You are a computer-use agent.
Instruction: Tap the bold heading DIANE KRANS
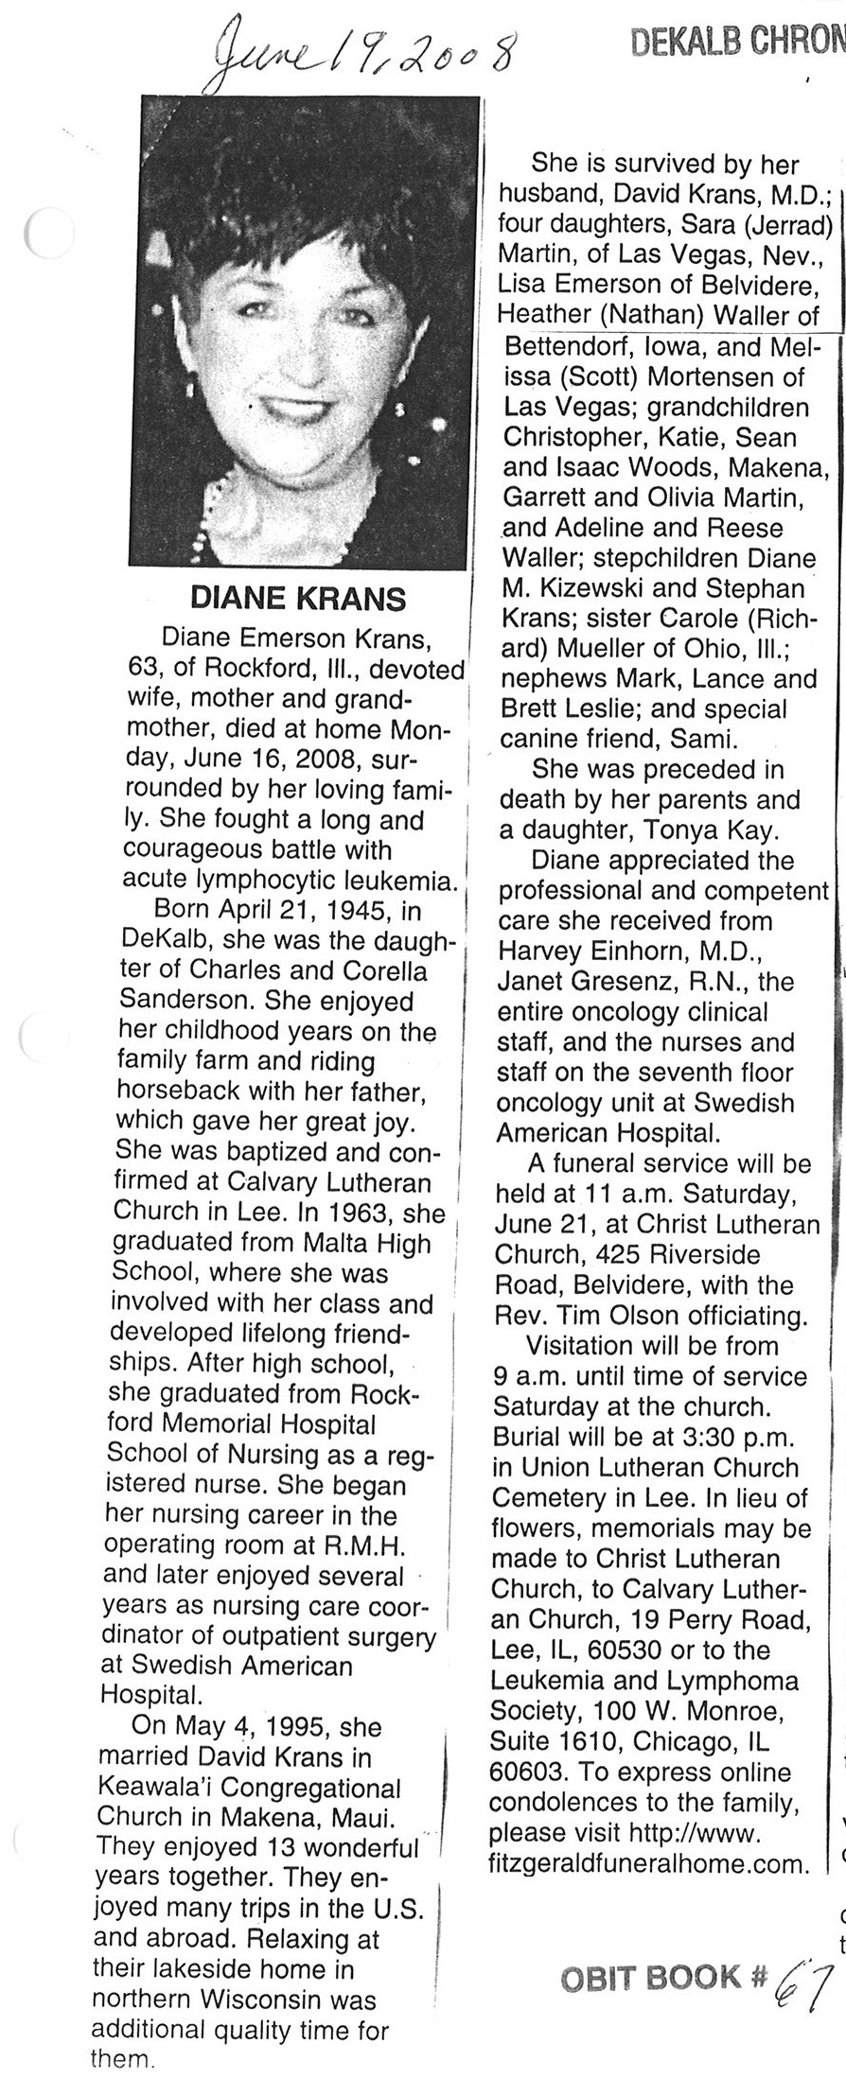point(298,599)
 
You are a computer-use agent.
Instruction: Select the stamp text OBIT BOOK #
point(663,2003)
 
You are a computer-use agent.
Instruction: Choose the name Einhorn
point(635,951)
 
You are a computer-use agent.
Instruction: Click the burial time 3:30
point(715,1437)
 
